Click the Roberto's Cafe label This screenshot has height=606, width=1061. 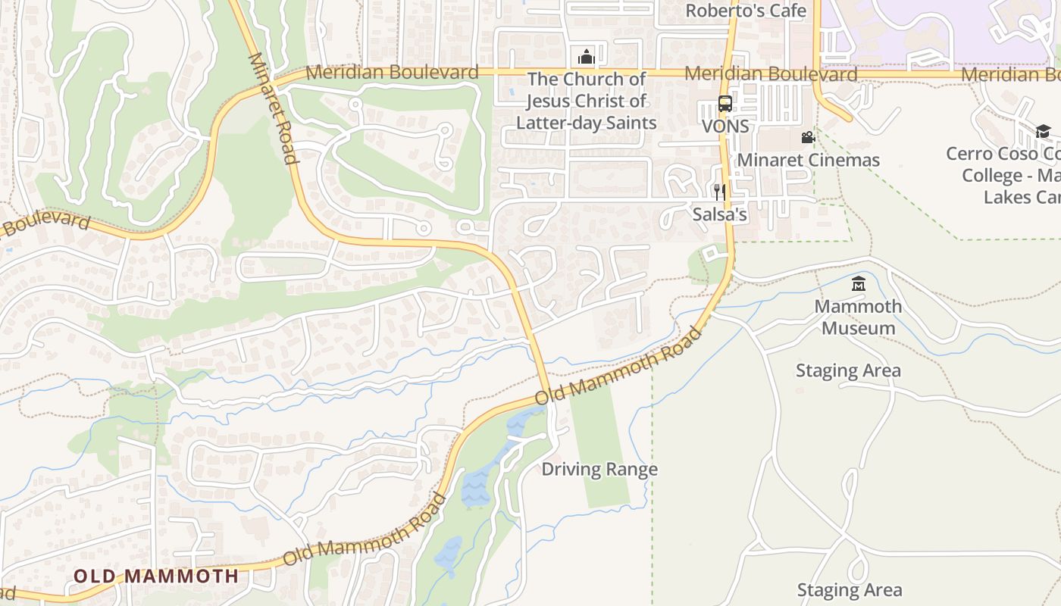tap(746, 11)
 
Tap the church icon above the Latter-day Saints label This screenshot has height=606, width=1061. tap(585, 57)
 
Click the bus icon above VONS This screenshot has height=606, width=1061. tap(725, 104)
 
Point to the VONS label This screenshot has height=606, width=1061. tap(725, 127)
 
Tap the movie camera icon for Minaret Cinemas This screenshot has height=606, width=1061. tap(808, 138)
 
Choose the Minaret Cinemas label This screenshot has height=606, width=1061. tap(808, 160)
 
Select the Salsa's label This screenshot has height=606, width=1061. tap(719, 214)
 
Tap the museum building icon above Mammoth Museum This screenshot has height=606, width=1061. tap(858, 285)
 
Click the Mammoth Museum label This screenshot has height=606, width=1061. tap(858, 317)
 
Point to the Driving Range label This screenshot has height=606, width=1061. tap(599, 469)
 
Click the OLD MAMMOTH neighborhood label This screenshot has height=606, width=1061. tap(156, 576)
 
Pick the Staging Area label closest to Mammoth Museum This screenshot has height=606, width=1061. tap(848, 370)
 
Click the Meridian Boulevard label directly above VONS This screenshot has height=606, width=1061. tap(771, 74)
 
